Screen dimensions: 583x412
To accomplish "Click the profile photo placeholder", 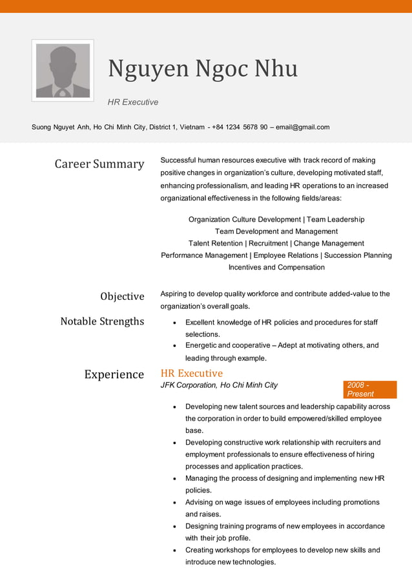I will tap(63, 70).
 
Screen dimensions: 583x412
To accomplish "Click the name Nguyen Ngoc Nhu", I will tap(203, 69).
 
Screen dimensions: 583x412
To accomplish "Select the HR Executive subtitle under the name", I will tap(133, 102).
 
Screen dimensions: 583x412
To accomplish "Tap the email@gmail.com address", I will tap(302, 127).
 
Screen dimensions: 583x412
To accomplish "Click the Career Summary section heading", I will tap(99, 164).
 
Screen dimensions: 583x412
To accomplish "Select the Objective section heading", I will tap(122, 297).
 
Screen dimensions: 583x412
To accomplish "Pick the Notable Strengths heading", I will tap(102, 321).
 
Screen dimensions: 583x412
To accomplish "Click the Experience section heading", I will tap(114, 375).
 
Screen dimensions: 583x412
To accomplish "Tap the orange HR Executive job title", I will tap(191, 374).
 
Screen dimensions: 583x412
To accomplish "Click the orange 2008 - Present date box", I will tap(370, 390).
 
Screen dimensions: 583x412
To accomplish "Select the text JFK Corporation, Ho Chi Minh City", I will tap(219, 385).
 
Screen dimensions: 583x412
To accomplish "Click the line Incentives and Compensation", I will tap(276, 268).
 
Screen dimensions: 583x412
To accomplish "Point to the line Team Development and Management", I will tap(276, 231).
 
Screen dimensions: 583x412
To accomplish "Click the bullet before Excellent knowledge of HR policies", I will tap(176, 323).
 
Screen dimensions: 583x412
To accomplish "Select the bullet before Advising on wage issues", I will tap(176, 503).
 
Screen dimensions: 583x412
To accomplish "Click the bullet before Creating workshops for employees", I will tap(176, 551).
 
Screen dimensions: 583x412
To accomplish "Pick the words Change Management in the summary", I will tap(329, 244).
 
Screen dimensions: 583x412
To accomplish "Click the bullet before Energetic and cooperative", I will tap(176, 346).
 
